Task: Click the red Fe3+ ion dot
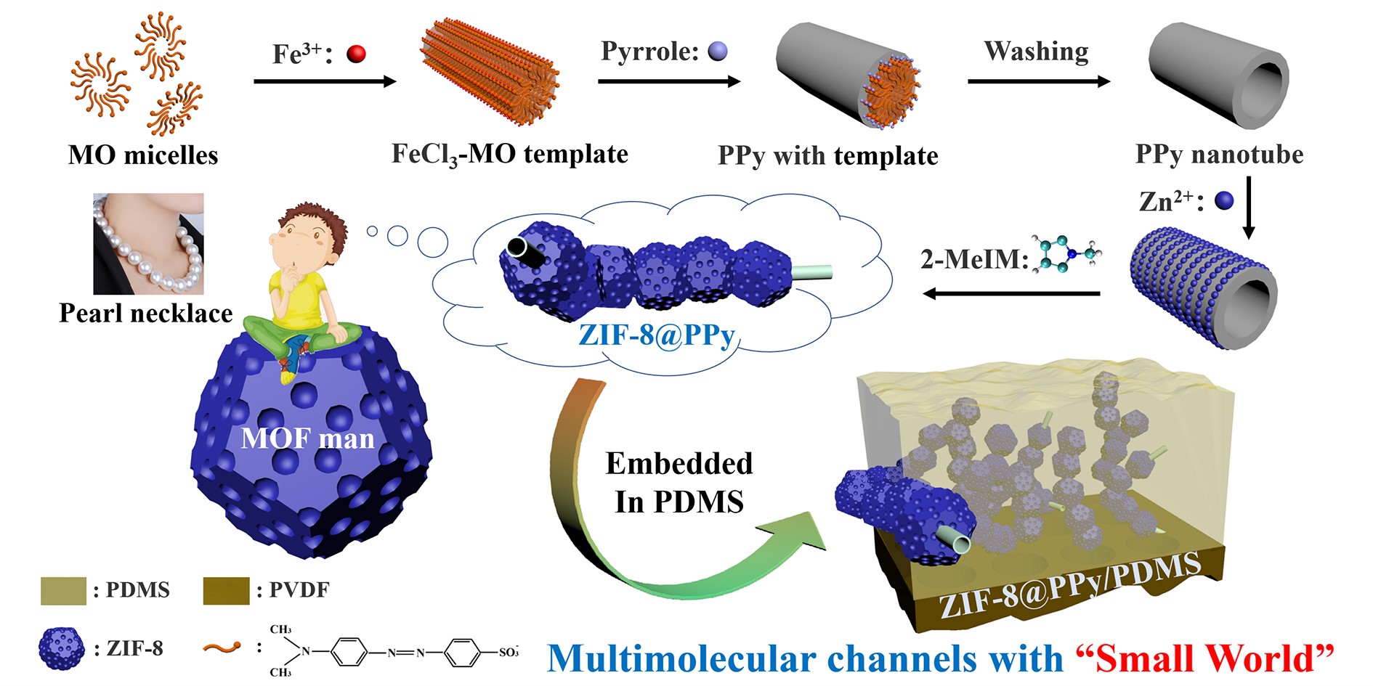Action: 356,54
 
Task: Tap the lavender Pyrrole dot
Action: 718,51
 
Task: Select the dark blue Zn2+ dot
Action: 1224,201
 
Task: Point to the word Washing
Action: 1036,51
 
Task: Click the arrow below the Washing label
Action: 1039,81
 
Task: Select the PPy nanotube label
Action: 1219,154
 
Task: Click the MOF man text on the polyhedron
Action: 307,438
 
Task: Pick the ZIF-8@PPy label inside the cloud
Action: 657,335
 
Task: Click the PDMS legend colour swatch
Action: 63,590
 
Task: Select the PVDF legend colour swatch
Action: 227,590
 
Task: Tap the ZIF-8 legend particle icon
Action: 61,648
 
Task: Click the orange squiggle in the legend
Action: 222,647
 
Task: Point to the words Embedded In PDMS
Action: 679,483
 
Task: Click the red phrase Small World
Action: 1204,658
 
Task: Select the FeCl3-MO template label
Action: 509,154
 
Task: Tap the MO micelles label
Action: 143,155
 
